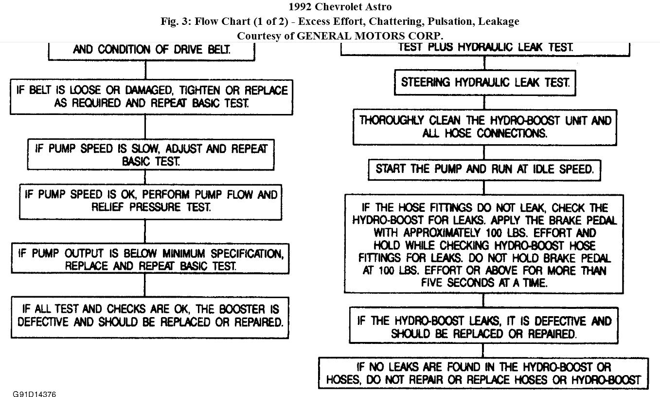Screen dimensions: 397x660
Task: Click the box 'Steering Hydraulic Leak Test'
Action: (484, 82)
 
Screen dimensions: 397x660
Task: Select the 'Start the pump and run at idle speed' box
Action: (484, 170)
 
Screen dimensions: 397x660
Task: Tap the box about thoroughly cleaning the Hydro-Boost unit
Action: (484, 127)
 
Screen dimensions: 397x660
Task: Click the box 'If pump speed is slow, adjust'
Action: (151, 154)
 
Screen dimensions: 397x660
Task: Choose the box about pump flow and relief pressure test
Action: (151, 201)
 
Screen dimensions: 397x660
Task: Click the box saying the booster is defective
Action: (150, 316)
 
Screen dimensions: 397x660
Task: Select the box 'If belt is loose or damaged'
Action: (151, 96)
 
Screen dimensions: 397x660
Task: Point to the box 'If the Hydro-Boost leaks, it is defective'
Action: (483, 327)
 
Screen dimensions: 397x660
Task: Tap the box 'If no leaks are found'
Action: (483, 373)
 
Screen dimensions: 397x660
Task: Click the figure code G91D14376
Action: (34, 394)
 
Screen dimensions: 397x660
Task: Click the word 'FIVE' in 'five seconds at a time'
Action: (434, 283)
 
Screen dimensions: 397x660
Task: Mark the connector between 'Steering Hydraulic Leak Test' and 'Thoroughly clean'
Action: (484, 102)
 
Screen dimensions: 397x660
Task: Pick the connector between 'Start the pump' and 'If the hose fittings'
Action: (484, 188)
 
